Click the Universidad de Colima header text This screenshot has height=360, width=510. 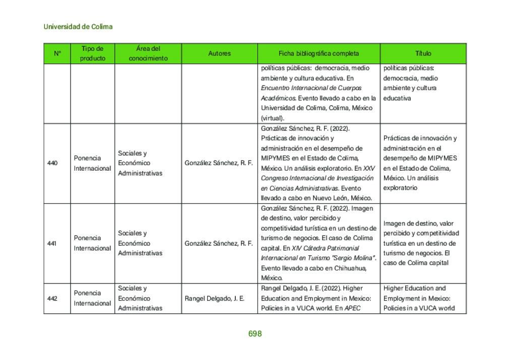click(78, 27)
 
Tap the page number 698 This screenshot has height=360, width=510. click(255, 334)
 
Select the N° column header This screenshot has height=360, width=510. click(57, 53)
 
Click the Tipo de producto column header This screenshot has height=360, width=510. click(93, 53)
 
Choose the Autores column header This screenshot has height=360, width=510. click(219, 53)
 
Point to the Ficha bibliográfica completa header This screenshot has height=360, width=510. click(318, 53)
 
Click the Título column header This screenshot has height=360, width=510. click(423, 53)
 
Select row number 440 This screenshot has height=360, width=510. click(52, 163)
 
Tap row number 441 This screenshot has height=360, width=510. click(52, 243)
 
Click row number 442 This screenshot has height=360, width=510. click(52, 299)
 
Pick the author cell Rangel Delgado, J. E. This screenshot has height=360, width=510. click(215, 299)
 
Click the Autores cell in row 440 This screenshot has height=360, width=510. click(219, 163)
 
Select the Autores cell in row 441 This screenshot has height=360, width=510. click(219, 243)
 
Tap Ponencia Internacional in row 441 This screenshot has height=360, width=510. click(92, 243)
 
